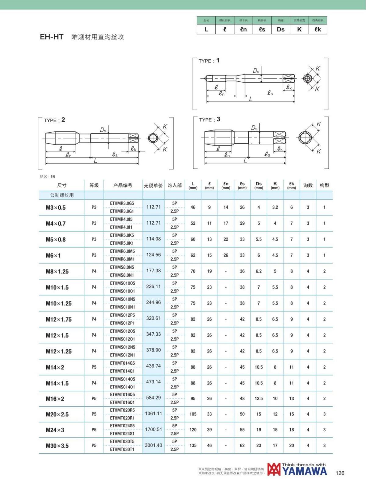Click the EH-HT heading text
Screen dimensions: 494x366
(52, 37)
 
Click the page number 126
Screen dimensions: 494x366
(340, 473)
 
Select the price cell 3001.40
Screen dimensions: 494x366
(153, 445)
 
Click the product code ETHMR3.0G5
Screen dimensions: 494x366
(122, 203)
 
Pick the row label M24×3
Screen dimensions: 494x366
(55, 430)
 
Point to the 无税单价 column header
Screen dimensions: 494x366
(153, 185)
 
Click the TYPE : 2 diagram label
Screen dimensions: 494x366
(54, 120)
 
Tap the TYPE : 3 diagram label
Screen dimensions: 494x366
(210, 120)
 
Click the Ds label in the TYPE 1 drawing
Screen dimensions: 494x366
(256, 71)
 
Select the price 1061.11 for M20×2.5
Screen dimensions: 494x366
(153, 413)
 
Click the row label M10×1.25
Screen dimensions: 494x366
(59, 303)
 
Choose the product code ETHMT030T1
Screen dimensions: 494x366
(122, 449)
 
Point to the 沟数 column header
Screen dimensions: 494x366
(308, 185)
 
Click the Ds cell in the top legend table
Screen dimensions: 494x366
(281, 29)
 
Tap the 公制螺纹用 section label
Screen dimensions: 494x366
(62, 195)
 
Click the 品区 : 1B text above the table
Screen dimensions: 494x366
(47, 177)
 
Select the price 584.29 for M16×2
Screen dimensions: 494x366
(153, 397)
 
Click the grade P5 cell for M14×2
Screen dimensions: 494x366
(94, 367)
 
